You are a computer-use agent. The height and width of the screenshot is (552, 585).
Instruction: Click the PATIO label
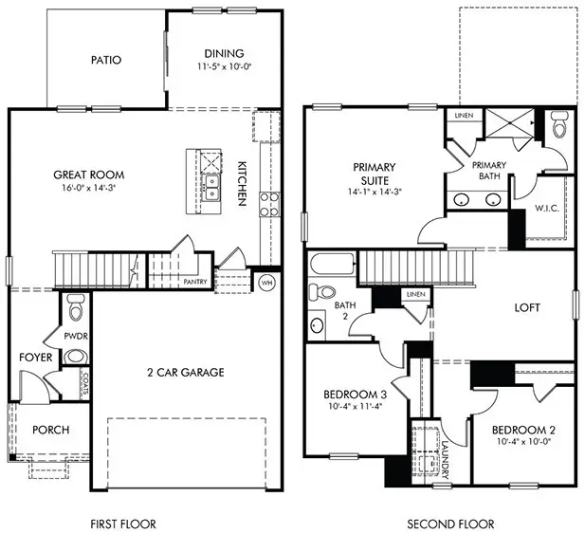tap(106, 60)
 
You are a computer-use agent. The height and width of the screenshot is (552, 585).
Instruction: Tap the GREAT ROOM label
tap(89, 175)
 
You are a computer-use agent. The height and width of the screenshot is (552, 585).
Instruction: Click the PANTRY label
tap(195, 282)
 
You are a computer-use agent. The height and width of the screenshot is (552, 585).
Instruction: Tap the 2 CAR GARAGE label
tap(185, 373)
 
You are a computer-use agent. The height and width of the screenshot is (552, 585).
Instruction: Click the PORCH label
tap(51, 430)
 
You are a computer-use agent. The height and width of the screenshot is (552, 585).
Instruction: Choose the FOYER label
tap(36, 358)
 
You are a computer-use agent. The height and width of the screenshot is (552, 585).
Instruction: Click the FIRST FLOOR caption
tap(122, 524)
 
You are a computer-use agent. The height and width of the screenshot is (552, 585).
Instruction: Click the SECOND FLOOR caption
tap(449, 524)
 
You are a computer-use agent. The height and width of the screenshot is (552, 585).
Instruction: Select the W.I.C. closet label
tap(545, 208)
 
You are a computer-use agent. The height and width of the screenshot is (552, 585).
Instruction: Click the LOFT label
tap(527, 308)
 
